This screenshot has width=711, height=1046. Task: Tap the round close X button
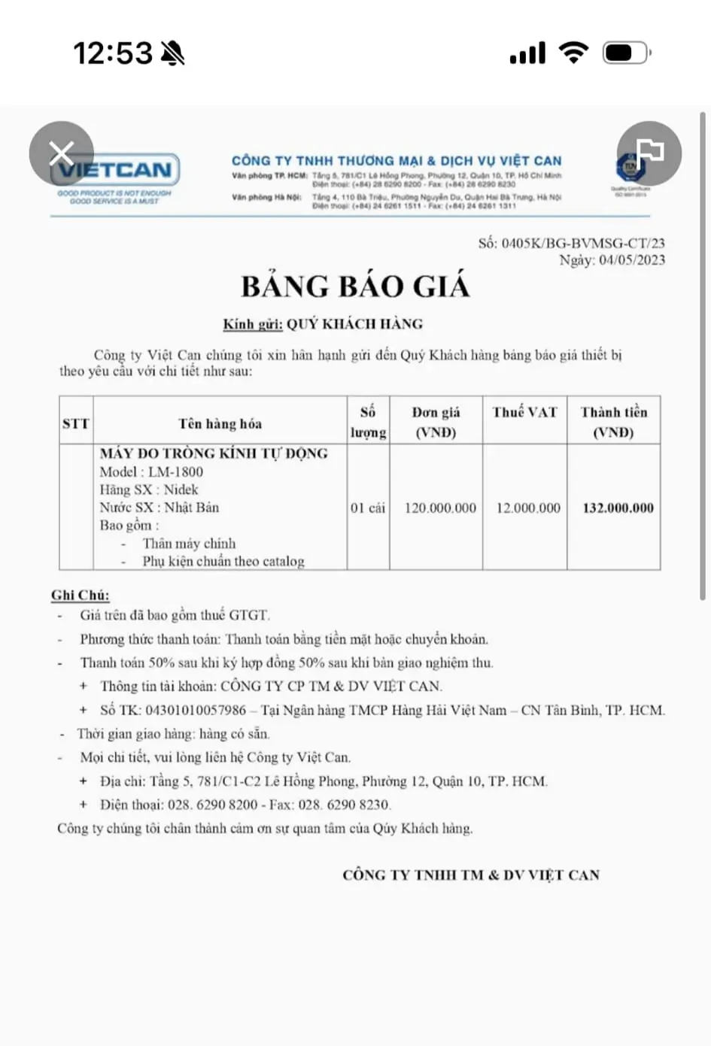62,153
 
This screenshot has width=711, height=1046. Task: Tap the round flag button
649,153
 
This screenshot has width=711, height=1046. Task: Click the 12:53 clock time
113,53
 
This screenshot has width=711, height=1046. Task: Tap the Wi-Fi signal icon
573,53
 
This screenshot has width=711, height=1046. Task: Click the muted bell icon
172,53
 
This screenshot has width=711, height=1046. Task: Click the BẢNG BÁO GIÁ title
355,287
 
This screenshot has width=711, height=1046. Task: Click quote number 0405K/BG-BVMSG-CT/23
582,243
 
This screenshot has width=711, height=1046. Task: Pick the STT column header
76,423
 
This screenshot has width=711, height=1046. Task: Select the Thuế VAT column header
524,412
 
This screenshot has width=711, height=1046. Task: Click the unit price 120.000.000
440,508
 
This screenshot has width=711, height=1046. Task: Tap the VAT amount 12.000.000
528,508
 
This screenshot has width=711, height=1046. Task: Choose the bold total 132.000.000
618,508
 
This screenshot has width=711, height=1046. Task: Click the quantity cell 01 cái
368,508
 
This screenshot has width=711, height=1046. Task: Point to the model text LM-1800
175,472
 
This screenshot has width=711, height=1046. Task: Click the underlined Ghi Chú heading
81,596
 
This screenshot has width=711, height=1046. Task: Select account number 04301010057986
196,710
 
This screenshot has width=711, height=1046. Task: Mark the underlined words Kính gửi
253,324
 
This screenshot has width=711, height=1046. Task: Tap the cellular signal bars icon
527,53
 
